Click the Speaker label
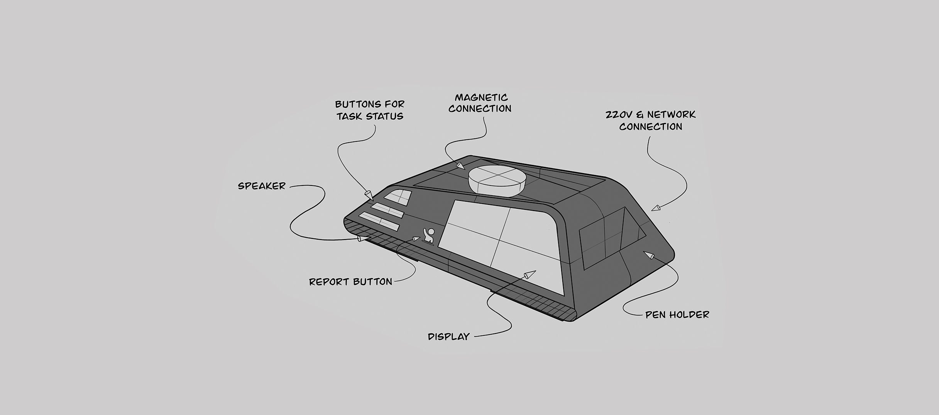[x=261, y=186]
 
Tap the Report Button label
[x=350, y=282]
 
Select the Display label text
[x=448, y=337]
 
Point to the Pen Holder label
[x=677, y=315]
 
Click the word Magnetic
[x=481, y=97]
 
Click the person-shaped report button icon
[x=429, y=236]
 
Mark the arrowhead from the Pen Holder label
[x=649, y=255]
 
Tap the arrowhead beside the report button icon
[x=416, y=239]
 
